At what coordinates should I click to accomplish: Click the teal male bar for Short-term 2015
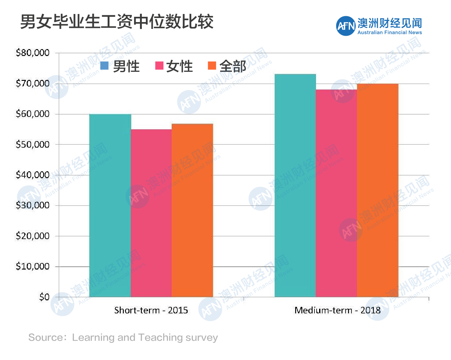(110, 205)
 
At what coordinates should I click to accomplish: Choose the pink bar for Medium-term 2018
(336, 193)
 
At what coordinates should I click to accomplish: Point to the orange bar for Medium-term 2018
(378, 190)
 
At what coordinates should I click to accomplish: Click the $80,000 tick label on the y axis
(33, 53)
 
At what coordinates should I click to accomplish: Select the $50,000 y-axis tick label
(33, 144)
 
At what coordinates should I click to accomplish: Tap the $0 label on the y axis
(44, 297)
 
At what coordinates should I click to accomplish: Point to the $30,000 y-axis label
(33, 205)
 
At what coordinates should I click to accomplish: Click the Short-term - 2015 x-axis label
(151, 310)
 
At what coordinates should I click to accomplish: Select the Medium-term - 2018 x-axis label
(337, 310)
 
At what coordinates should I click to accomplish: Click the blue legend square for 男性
(105, 66)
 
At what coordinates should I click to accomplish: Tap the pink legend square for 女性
(159, 66)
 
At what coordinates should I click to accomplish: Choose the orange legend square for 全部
(212, 66)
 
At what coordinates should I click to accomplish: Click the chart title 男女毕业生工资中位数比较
(117, 22)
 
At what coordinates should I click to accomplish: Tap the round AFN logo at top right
(346, 26)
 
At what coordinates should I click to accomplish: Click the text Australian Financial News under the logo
(389, 33)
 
